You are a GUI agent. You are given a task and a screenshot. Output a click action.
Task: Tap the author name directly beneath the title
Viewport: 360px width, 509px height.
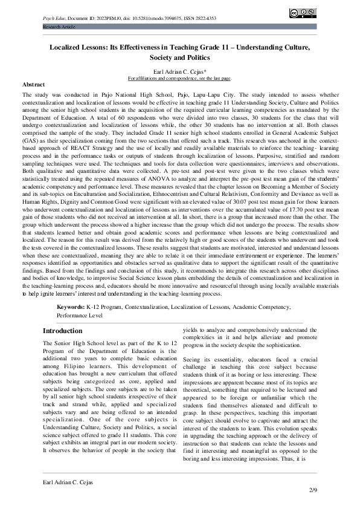[x=179, y=71]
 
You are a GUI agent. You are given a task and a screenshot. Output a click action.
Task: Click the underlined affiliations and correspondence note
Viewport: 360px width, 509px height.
[x=179, y=79]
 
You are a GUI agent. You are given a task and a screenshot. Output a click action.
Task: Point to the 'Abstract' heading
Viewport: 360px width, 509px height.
[x=33, y=85]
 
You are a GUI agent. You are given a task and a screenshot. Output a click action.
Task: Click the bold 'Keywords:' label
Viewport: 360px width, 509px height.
[x=71, y=307]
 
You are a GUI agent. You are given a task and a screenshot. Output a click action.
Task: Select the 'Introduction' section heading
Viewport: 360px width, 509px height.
[x=62, y=331]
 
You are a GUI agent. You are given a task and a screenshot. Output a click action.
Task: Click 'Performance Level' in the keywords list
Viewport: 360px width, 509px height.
[x=80, y=315]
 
